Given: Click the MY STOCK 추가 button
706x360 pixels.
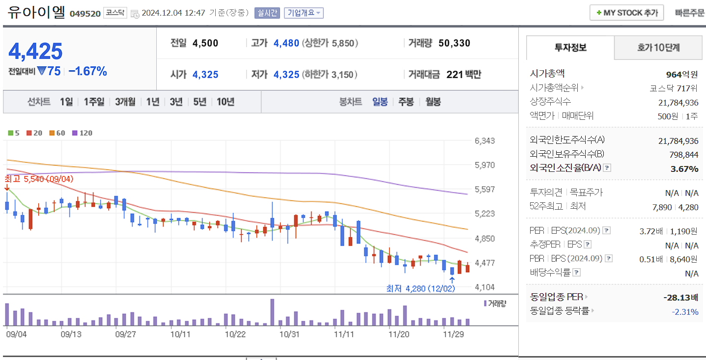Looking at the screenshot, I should (x=626, y=13).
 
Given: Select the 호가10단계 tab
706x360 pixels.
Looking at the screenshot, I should (x=658, y=48).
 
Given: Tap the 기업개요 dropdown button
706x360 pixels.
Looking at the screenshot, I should (x=304, y=13).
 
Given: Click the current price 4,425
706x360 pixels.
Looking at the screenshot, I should (x=36, y=52).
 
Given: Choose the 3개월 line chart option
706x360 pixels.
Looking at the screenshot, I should (x=125, y=102).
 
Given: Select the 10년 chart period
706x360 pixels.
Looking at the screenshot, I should (x=226, y=102).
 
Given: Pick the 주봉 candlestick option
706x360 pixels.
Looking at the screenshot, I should (x=406, y=102).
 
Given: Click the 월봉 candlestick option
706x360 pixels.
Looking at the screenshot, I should (x=433, y=102).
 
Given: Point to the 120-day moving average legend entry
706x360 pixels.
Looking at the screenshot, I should (x=83, y=133).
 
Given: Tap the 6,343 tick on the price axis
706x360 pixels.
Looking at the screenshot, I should (x=485, y=141).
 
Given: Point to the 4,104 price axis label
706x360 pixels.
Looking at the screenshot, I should (x=485, y=287).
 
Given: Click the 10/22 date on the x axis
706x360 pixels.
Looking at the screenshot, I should (x=235, y=334).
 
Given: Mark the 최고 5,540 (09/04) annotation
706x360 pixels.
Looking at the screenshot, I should (x=39, y=179).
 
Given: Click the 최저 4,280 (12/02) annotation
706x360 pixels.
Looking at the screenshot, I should (x=421, y=288).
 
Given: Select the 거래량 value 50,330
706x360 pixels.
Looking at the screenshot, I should (x=454, y=43).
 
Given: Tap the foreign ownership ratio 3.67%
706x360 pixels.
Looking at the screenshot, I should (x=684, y=168).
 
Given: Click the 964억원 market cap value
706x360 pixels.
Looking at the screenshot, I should (x=682, y=75).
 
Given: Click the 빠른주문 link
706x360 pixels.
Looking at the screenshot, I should (x=689, y=13).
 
